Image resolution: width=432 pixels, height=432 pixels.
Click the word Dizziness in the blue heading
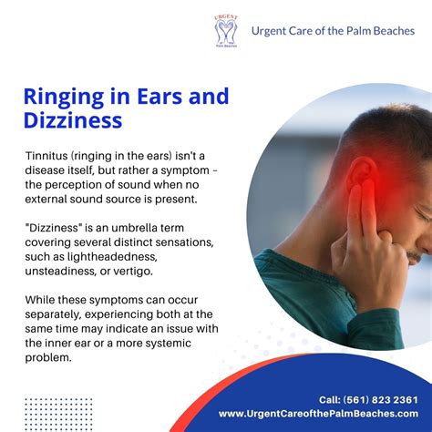click(72, 119)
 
